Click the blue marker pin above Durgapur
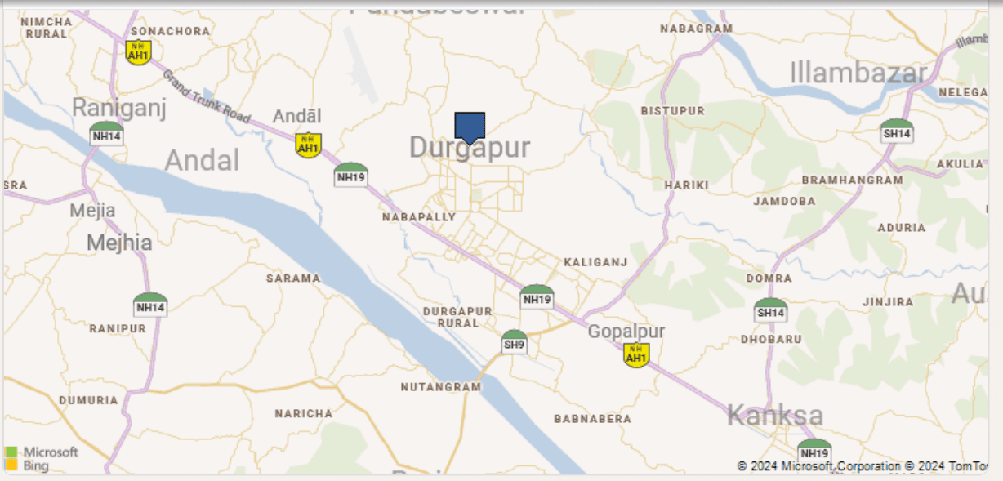tap(470, 127)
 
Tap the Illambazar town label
tap(858, 73)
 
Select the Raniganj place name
tap(119, 107)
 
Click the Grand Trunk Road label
tap(206, 97)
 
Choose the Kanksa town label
tap(775, 415)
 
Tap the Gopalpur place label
tap(626, 332)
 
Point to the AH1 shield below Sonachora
tap(139, 52)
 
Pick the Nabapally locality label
tap(419, 217)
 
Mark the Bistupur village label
tap(673, 110)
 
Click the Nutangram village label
tap(440, 387)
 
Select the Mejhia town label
tap(119, 243)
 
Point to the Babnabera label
tap(593, 419)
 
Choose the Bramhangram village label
tap(852, 180)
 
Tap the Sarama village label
tap(293, 278)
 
